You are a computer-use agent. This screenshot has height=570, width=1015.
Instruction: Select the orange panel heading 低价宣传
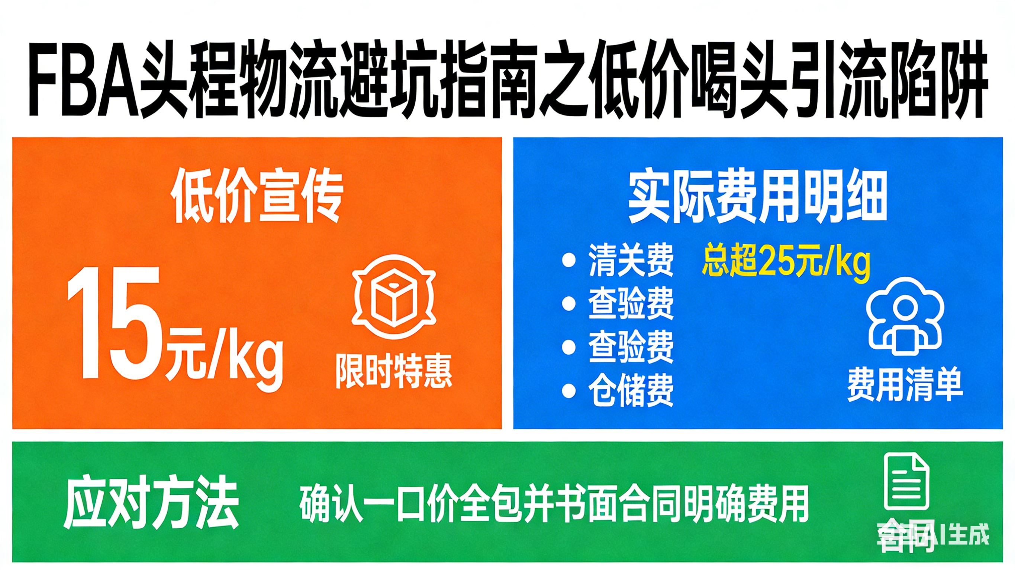coord(257,196)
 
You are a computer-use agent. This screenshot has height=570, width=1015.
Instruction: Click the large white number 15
coord(114,323)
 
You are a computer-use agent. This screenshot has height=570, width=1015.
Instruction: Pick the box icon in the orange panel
coord(394,297)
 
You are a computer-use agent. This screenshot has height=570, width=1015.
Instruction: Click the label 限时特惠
coord(394,371)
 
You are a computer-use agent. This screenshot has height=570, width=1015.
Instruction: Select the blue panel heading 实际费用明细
coord(758,197)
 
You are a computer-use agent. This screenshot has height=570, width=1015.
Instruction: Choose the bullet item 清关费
coord(631,260)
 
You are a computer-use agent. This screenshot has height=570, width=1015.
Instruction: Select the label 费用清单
coord(905,385)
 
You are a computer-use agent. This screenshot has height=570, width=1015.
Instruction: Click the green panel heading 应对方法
coord(151,502)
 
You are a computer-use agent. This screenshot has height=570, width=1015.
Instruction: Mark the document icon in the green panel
coord(906,482)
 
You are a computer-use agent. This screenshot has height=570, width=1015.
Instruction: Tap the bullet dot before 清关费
coord(568,260)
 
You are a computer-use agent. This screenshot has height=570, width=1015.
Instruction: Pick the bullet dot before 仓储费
coord(568,391)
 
